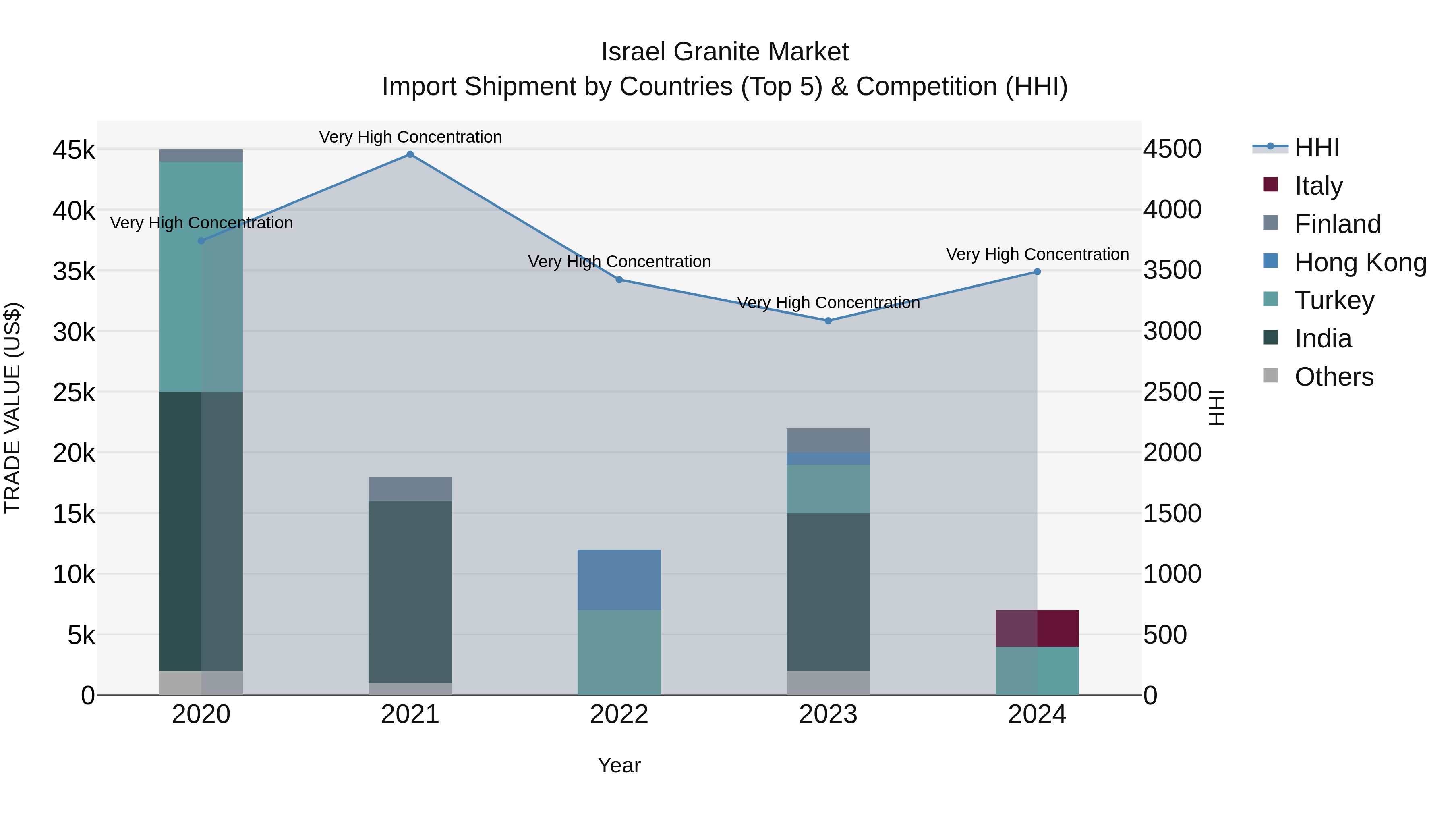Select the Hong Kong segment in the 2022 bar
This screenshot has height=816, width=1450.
[619, 579]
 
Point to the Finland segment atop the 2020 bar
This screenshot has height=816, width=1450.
[201, 156]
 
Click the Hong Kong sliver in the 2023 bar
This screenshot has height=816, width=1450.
[828, 459]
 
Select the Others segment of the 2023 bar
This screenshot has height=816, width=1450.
[828, 683]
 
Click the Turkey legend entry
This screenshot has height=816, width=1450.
[1334, 300]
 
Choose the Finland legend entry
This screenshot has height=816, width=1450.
[1337, 224]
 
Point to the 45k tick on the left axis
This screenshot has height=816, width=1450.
[74, 150]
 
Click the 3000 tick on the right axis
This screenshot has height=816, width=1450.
[1172, 331]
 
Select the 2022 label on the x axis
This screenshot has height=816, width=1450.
[619, 714]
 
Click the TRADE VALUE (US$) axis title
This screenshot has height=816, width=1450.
[13, 408]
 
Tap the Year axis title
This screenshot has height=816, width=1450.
[619, 765]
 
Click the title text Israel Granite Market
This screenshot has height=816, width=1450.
[725, 52]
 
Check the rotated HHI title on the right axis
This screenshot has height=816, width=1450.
[1216, 408]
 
